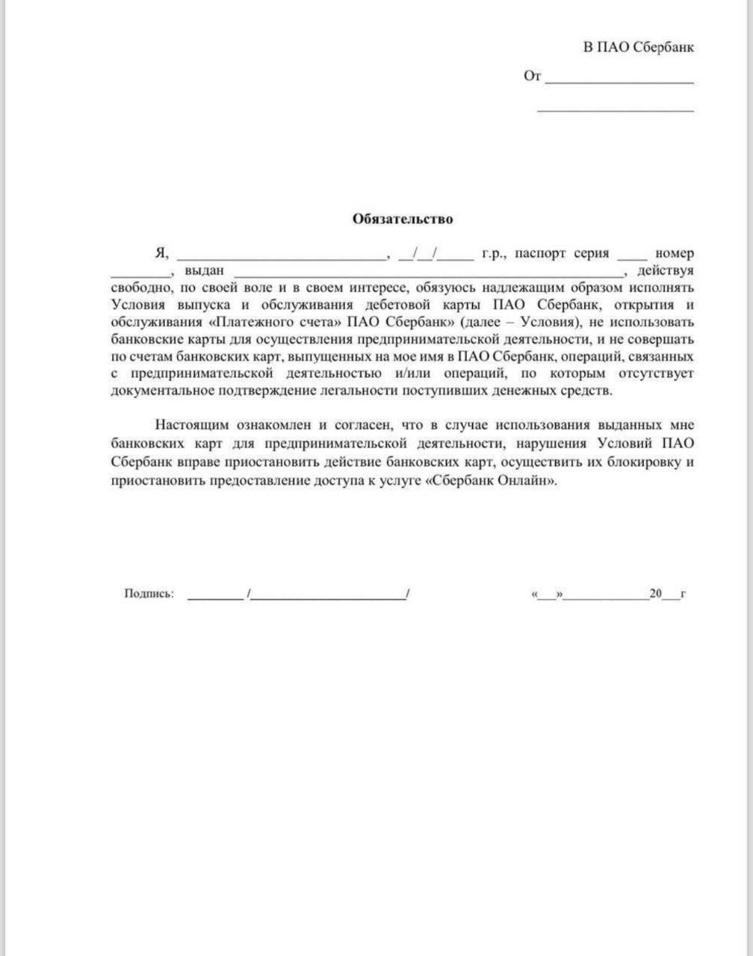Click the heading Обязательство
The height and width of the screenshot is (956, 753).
pyautogui.click(x=403, y=220)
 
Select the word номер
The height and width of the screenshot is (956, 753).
pyautogui.click(x=675, y=254)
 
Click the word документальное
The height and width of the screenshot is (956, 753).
pyautogui.click(x=162, y=391)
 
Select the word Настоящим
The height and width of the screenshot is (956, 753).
pyautogui.click(x=189, y=425)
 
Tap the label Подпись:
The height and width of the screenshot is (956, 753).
pyautogui.click(x=149, y=594)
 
